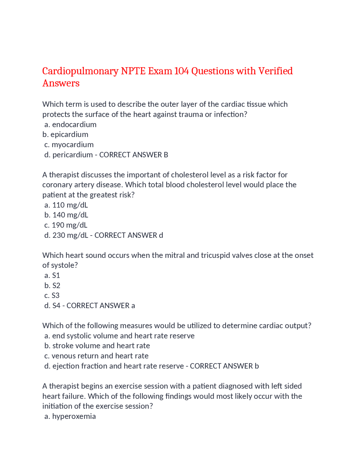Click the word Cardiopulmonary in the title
click(x=80, y=71)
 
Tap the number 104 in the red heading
click(x=181, y=71)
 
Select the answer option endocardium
click(x=74, y=124)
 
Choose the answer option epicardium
click(x=69, y=135)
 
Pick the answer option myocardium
click(x=73, y=145)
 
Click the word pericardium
click(x=73, y=155)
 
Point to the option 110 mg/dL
click(x=70, y=205)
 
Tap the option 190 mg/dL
click(x=69, y=225)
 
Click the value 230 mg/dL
click(x=70, y=235)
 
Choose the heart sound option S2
click(x=56, y=286)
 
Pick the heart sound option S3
click(x=55, y=295)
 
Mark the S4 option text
click(x=56, y=306)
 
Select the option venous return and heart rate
click(x=100, y=356)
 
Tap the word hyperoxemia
click(x=74, y=416)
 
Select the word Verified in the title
click(x=275, y=71)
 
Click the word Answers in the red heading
click(x=61, y=83)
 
